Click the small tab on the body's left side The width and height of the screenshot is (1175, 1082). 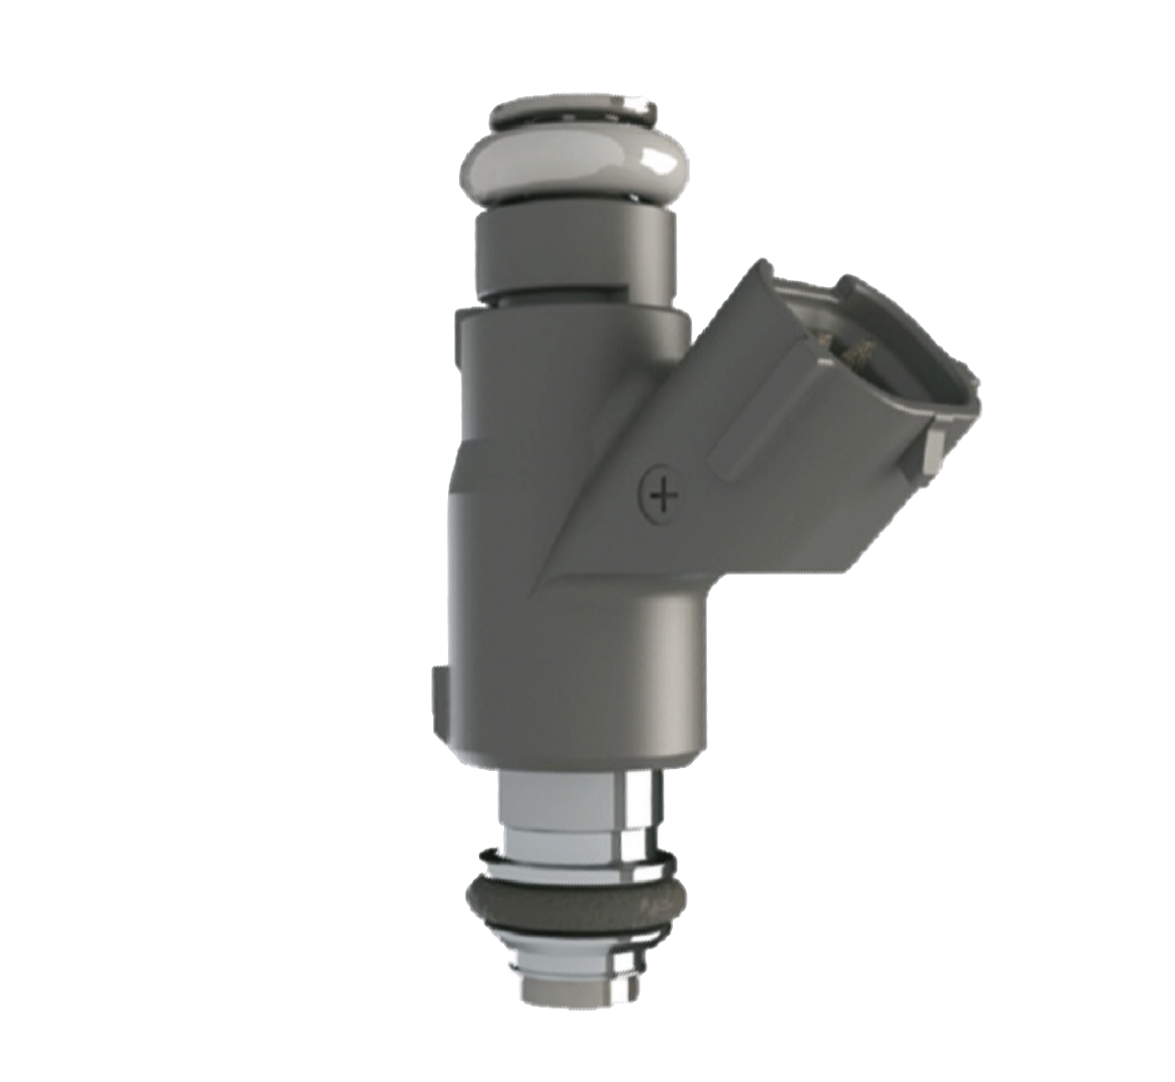click(x=440, y=688)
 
